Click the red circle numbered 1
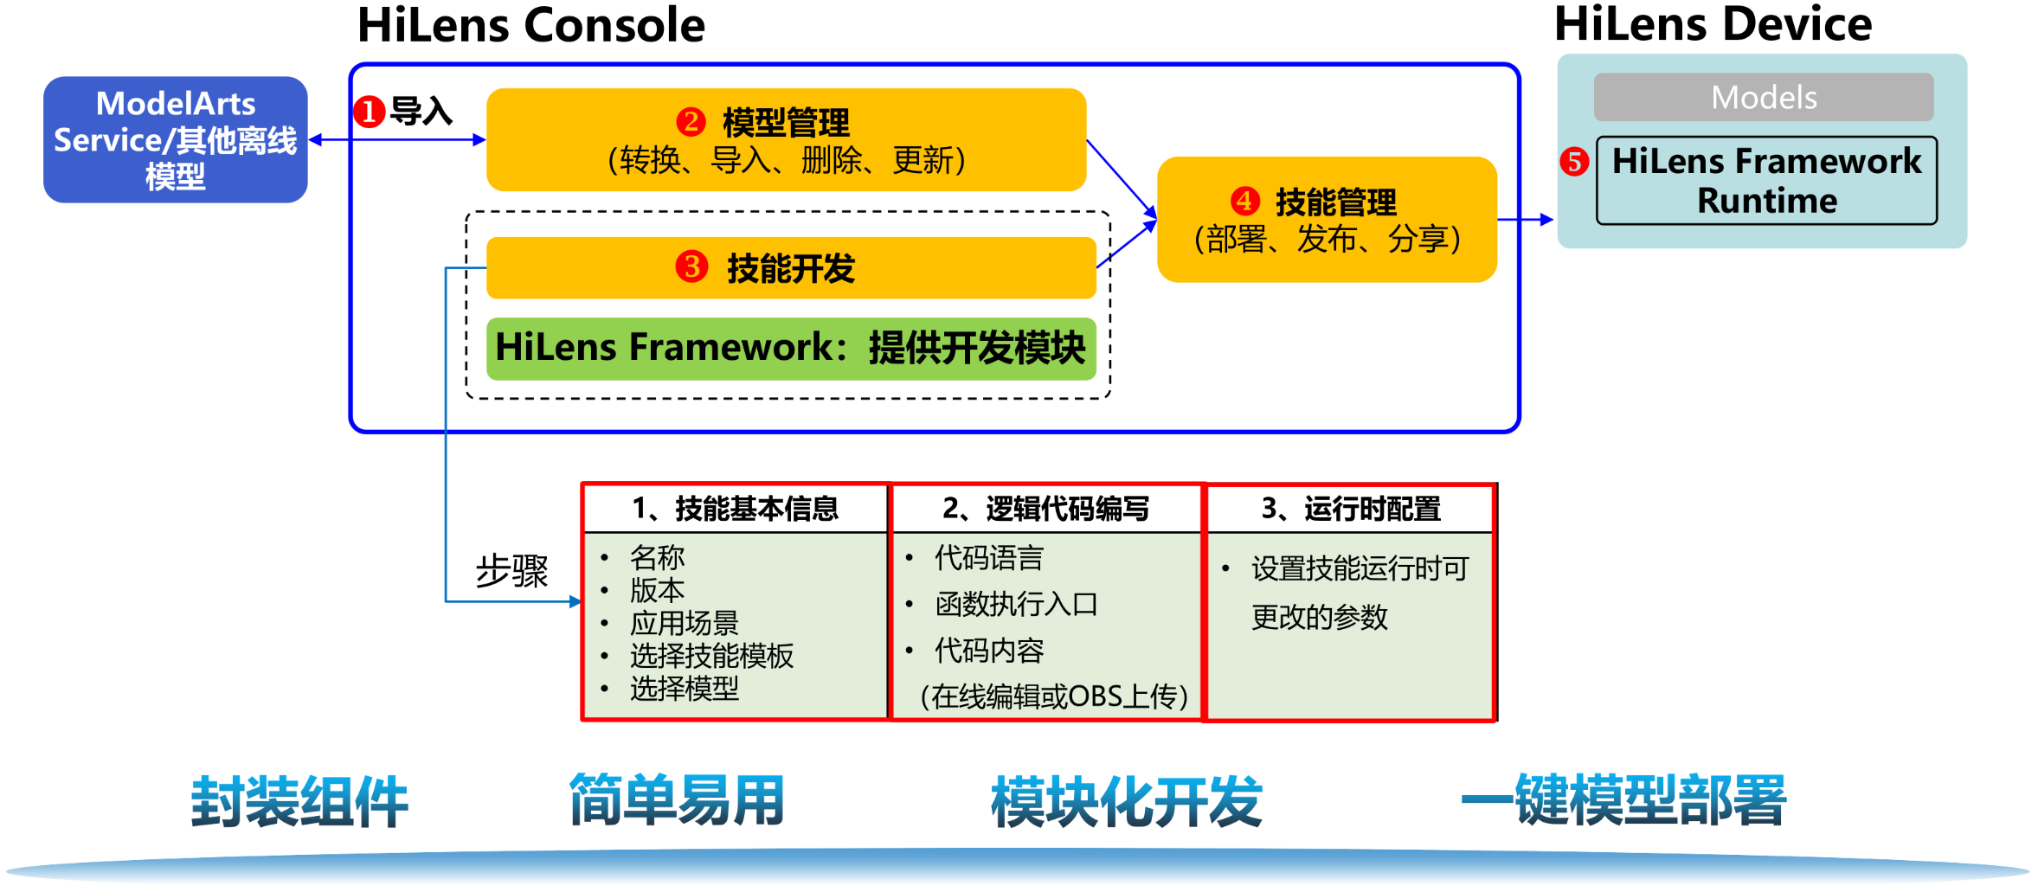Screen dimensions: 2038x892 (x=369, y=112)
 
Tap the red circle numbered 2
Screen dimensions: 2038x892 (x=691, y=121)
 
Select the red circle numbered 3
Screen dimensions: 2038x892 (x=691, y=266)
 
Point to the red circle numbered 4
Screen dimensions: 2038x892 (x=1244, y=201)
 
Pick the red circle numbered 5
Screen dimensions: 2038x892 (x=1574, y=162)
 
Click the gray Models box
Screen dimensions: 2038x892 (x=1763, y=97)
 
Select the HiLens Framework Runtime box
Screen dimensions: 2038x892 (x=1766, y=181)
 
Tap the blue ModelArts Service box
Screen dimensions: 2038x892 (x=176, y=140)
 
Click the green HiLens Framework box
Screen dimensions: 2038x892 (x=790, y=348)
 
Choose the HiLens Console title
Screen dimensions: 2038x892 (x=531, y=25)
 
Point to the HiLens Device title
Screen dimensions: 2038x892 (x=1713, y=23)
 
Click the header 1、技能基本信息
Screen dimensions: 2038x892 (x=736, y=509)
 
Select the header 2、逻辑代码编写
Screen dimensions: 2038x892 (x=1045, y=509)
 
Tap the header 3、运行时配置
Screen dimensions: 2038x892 (x=1351, y=509)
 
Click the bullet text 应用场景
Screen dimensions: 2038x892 (x=684, y=623)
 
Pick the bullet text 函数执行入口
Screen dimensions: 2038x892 (x=1016, y=604)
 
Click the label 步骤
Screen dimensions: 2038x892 (x=511, y=571)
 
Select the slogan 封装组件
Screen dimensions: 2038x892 (x=299, y=801)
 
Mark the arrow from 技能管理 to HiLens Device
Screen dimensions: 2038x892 (x=1526, y=220)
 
